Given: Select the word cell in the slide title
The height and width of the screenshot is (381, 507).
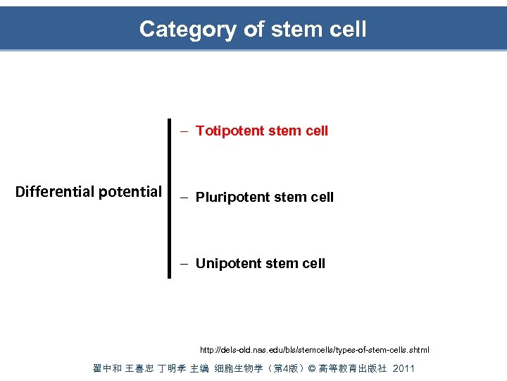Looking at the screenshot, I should click(x=347, y=29).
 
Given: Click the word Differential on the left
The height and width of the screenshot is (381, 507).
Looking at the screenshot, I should click(x=55, y=191).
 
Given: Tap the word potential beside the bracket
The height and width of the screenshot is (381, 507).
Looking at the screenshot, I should click(x=130, y=191).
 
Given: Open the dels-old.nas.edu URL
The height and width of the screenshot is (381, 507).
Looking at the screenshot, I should click(x=314, y=350).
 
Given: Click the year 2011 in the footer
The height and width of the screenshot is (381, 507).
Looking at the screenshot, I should click(x=403, y=368).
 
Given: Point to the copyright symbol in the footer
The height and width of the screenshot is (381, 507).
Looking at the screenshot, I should click(x=313, y=368).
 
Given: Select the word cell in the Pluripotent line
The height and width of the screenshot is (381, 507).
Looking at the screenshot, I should click(x=322, y=197).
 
